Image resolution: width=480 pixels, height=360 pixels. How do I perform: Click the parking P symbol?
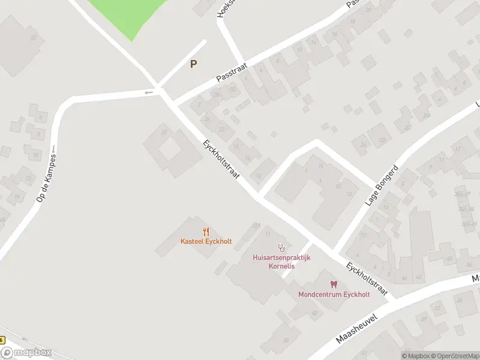[193, 64]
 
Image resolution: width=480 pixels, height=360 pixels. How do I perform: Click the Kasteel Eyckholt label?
[206, 241]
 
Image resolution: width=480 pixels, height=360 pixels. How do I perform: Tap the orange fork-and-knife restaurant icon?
[206, 232]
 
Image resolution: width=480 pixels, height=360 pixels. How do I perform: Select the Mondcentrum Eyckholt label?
[334, 294]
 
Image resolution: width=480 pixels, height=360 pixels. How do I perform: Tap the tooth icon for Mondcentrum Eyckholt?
[334, 284]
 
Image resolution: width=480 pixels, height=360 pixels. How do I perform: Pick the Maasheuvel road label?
[356, 330]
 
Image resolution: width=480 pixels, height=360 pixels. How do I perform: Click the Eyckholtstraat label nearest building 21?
[221, 160]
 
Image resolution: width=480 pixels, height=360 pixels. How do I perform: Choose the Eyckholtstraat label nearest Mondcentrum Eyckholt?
[367, 280]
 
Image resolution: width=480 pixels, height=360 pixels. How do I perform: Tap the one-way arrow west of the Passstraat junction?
[148, 92]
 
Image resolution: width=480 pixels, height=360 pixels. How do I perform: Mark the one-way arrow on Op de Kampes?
[53, 148]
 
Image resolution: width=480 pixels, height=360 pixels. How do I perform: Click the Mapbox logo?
[26, 353]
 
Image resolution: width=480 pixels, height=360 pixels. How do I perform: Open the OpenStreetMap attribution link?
[455, 356]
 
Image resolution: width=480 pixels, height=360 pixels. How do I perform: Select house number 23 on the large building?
[33, 38]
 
